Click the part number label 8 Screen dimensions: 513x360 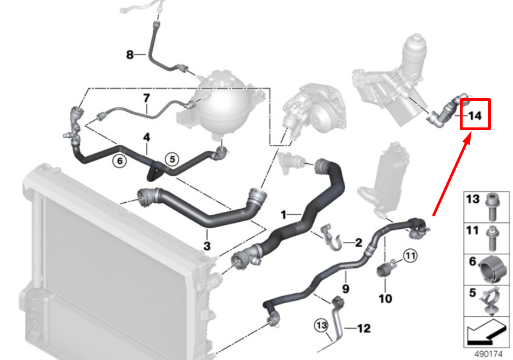point(130,54)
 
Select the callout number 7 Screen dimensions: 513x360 point(147,98)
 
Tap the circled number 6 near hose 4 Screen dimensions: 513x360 point(120,161)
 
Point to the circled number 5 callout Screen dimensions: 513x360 point(172,159)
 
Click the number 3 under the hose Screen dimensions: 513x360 point(207,246)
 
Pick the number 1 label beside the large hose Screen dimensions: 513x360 point(283,215)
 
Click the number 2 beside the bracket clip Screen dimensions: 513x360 point(359,242)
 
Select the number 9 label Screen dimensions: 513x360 point(346,288)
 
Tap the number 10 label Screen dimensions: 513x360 point(385,298)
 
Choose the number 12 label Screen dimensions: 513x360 point(364,328)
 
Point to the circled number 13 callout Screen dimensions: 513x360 point(321,325)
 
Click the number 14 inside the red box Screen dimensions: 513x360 point(475,115)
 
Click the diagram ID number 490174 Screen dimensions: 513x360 point(488,354)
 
